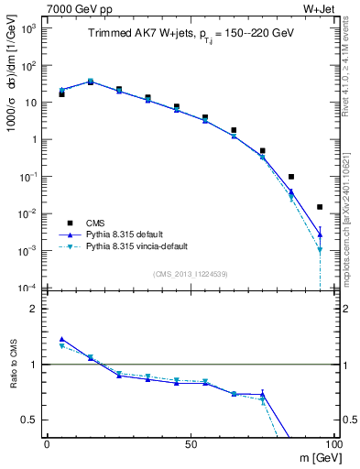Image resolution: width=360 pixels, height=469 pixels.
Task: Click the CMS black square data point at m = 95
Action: pos(320,207)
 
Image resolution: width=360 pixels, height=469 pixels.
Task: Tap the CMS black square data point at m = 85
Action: pos(291,177)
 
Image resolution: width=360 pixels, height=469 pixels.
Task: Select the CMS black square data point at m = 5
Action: pos(61,93)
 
